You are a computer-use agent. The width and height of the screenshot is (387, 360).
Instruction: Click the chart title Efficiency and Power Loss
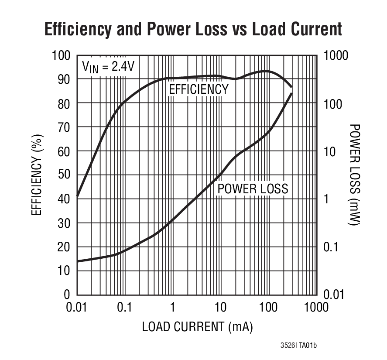pos(193,29)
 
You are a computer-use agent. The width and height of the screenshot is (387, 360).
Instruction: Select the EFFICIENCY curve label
pos(199,89)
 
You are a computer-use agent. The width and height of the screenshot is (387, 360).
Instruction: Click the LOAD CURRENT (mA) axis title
pos(197,327)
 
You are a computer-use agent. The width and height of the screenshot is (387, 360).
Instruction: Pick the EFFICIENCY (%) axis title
pos(37,175)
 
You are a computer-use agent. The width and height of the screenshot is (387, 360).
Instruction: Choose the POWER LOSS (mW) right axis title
pos(355,175)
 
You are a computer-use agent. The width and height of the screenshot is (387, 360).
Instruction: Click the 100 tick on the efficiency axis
pos(61,55)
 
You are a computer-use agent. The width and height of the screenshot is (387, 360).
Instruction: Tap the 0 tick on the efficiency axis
pos(67,295)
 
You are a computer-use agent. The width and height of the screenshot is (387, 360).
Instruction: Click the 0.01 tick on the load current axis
pos(77,307)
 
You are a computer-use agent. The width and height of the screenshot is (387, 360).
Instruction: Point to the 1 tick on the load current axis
pos(173,307)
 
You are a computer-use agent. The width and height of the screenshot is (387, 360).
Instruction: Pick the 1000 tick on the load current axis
pos(316,307)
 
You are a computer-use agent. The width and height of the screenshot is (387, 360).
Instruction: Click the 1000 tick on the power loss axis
pos(336,55)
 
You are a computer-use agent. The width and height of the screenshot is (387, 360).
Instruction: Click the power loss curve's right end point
pos(291,93)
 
